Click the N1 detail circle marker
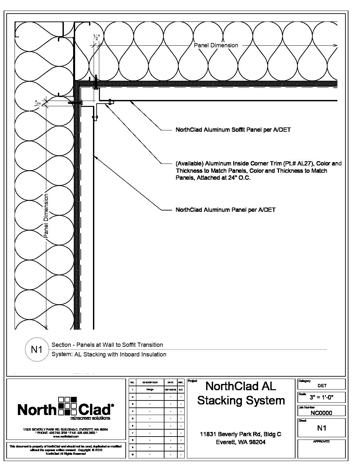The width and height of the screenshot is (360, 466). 36,349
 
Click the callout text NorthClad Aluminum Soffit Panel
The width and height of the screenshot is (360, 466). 233,130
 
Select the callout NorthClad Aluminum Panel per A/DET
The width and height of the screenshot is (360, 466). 225,210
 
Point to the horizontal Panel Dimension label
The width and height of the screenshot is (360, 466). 216,45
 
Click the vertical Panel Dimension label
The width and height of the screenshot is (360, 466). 46,216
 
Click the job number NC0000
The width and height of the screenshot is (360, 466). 321,413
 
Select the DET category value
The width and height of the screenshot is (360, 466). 322,386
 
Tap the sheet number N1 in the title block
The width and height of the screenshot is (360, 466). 322,428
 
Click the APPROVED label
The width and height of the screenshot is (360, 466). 321,442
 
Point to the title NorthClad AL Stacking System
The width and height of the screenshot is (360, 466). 241,393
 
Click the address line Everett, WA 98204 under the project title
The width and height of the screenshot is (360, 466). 241,442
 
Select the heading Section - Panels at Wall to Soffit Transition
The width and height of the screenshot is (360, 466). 107,345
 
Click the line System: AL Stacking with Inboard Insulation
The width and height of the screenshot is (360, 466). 109,354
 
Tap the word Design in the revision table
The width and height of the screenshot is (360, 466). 150,390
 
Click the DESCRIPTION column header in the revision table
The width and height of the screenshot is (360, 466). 150,382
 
